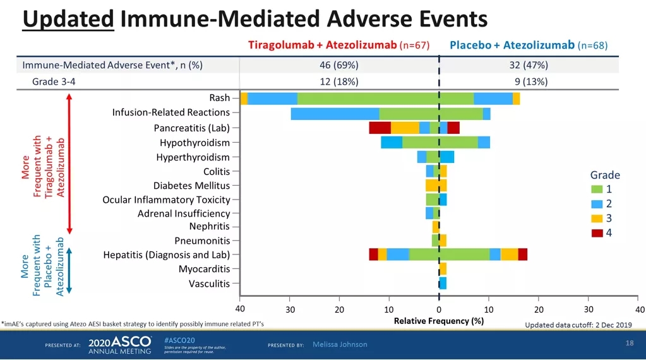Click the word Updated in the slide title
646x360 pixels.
68,19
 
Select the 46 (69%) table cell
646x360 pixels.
339,65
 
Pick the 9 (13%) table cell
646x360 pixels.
531,81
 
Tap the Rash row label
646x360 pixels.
219,98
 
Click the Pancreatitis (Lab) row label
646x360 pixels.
191,128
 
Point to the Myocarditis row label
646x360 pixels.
204,269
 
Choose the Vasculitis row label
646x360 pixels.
209,284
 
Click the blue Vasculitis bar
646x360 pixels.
443,283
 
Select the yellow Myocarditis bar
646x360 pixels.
443,268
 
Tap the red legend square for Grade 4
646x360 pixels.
597,233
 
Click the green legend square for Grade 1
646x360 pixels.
597,189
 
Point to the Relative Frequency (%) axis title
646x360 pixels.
438,321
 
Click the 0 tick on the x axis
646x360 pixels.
439,309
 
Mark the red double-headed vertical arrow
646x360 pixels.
69,164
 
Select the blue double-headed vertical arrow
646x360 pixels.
69,269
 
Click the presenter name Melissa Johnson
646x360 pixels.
340,344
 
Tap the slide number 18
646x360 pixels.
629,342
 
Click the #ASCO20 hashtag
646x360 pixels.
175,339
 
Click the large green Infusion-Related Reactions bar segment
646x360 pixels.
431,114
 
